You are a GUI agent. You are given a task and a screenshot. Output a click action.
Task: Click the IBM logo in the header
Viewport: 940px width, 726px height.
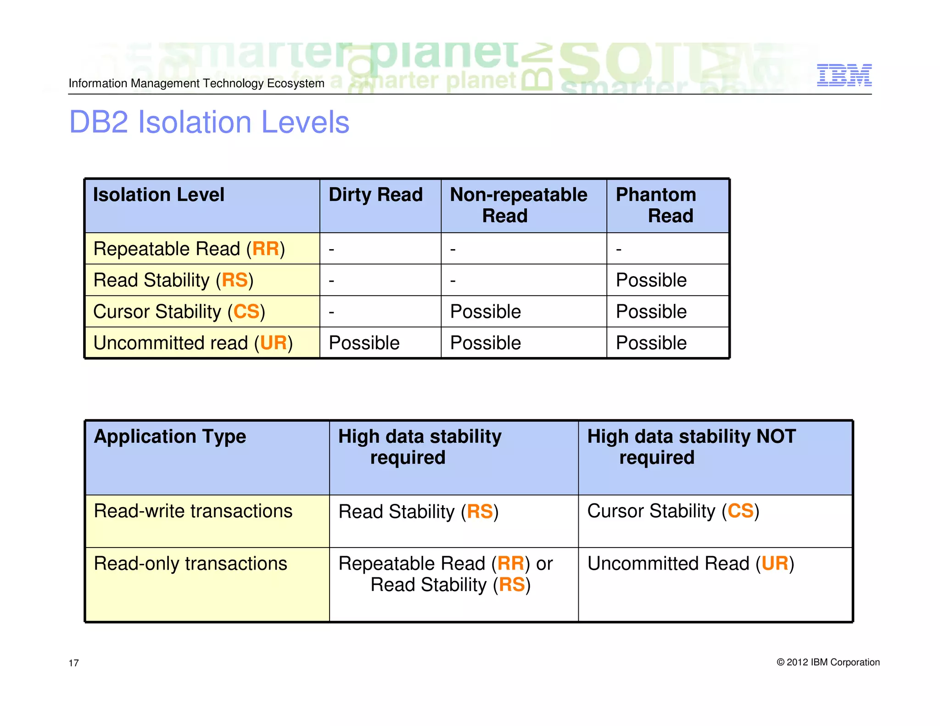(844, 75)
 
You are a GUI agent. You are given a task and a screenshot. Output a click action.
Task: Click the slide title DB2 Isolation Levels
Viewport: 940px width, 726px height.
(209, 123)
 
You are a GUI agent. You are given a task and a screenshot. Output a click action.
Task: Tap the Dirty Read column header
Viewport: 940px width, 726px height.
(375, 195)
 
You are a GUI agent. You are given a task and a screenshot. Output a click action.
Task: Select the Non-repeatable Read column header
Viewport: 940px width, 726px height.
(518, 205)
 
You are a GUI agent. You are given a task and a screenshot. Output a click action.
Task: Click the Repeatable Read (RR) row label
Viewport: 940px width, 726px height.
(189, 249)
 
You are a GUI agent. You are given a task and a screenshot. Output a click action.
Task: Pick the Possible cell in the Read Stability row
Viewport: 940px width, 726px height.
(651, 280)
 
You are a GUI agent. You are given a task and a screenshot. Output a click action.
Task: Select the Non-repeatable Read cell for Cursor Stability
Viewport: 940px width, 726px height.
(485, 312)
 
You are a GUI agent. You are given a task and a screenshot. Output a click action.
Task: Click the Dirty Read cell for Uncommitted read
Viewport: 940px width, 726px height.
(364, 343)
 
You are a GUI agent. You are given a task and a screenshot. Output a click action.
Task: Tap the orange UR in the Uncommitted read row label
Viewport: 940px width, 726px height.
(274, 343)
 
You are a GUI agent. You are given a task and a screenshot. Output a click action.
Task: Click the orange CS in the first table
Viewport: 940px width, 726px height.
(246, 312)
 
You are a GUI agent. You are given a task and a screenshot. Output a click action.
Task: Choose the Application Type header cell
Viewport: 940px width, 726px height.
(170, 436)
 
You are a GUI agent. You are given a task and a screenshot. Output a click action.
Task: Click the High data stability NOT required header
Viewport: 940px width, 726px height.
(691, 447)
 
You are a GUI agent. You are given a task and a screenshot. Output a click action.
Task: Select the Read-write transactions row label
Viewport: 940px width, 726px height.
(193, 511)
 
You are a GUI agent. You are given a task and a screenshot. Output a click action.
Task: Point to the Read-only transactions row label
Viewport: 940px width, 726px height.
(190, 564)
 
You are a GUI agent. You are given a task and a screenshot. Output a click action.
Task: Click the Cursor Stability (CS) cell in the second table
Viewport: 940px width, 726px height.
(673, 511)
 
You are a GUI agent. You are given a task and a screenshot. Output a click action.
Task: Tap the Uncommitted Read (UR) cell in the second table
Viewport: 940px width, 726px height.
(690, 564)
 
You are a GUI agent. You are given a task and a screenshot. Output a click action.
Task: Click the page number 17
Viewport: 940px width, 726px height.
(73, 663)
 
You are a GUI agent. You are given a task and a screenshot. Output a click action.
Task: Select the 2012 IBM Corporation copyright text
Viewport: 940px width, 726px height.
(828, 662)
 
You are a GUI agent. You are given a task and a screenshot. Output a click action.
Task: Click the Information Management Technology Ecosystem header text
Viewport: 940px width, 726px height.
(196, 84)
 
